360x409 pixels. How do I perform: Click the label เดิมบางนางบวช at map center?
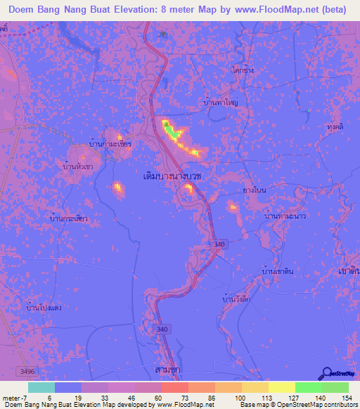[x=172, y=176]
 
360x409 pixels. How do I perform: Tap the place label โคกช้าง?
[x=241, y=71]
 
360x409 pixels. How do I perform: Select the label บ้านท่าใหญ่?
[x=220, y=102]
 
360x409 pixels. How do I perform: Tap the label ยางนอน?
[x=253, y=190]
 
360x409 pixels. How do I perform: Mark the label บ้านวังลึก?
[x=236, y=300]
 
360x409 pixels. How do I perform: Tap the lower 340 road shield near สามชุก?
[x=163, y=328]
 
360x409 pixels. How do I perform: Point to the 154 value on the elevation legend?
[x=345, y=398]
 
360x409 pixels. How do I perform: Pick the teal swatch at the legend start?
[x=41, y=387]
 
